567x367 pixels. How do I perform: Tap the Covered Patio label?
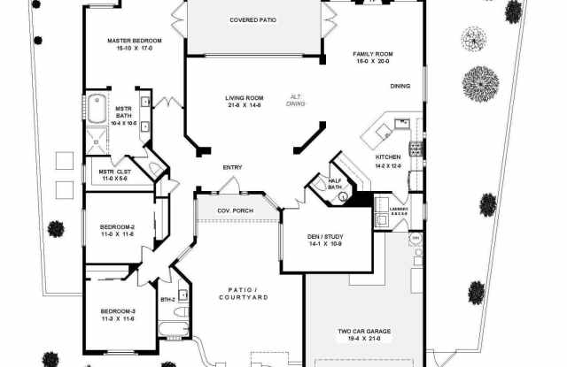[253, 19]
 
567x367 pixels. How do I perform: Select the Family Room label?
[372, 54]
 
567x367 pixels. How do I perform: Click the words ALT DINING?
[296, 100]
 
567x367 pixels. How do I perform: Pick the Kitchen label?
[389, 158]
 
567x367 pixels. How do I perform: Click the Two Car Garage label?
[363, 332]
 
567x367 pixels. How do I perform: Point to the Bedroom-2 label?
[117, 228]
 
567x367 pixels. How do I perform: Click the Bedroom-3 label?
[117, 311]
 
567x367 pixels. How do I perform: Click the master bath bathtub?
[97, 111]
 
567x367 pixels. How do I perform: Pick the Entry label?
[232, 166]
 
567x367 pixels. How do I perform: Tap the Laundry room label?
[399, 209]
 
